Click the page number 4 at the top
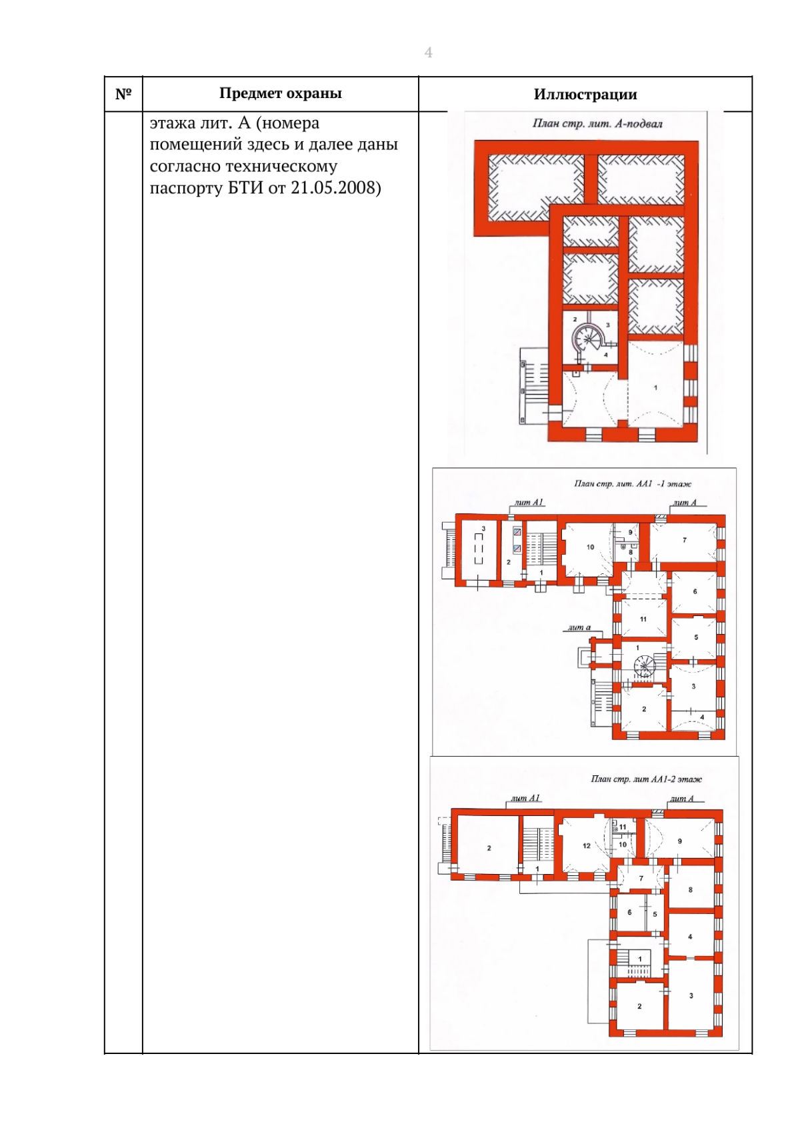pos(428,53)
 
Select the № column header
pos(123,94)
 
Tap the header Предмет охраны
pos(281,93)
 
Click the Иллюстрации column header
pos(585,95)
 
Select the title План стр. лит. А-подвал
pos(597,123)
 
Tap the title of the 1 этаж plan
pos(633,483)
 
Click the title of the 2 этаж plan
pos(647,779)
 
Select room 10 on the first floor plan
pos(590,547)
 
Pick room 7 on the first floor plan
pos(684,540)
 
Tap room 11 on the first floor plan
pos(643,619)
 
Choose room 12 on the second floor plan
pos(586,846)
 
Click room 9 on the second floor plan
pos(680,841)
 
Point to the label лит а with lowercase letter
pos(579,627)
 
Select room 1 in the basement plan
pos(655,387)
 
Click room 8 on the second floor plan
pos(691,890)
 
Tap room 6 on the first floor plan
pos(695,591)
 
